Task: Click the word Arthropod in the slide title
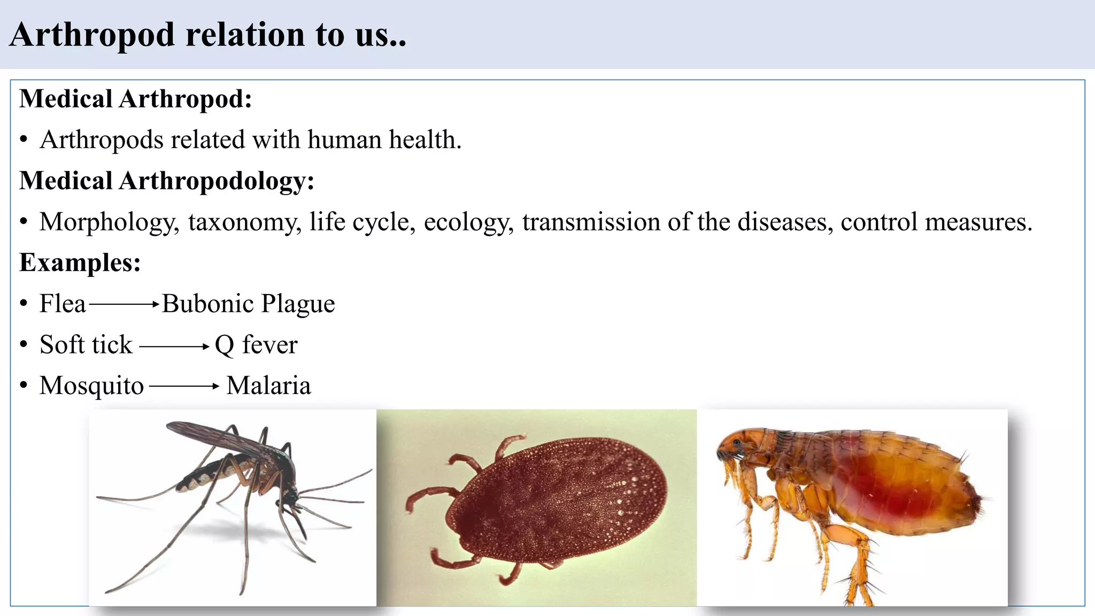click(92, 35)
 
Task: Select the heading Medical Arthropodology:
click(166, 181)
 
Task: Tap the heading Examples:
click(80, 263)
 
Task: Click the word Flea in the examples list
click(63, 304)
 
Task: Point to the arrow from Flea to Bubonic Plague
click(124, 304)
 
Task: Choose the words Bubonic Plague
click(248, 304)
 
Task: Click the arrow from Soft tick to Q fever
click(174, 346)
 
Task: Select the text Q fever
click(256, 345)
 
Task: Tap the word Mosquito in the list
click(91, 386)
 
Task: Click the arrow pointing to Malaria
click(184, 386)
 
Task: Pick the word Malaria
click(268, 386)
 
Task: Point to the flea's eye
click(738, 443)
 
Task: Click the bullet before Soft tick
click(24, 345)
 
